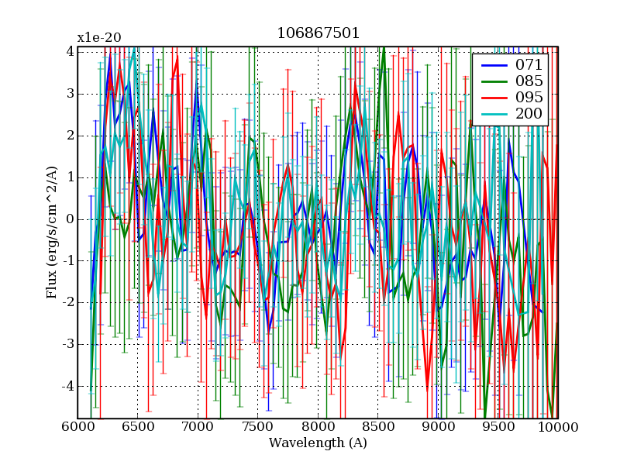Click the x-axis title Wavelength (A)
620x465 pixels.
pos(318,443)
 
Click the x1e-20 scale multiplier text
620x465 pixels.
pos(98,37)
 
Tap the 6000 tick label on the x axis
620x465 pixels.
pos(77,427)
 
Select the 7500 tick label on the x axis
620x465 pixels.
pos(257,427)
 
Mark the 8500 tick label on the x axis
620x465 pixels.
pos(377,427)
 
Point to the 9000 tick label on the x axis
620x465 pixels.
pos(438,427)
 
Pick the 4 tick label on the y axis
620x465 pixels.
pos(70,52)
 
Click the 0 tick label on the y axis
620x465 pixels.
pos(70,219)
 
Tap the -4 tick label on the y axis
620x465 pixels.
pos(67,386)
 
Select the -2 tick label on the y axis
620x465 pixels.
pos(67,302)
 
